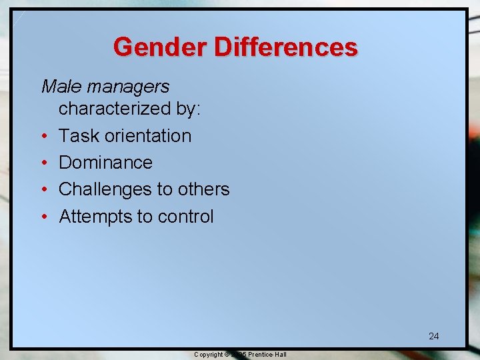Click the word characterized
coord(107,109)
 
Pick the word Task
coord(77,136)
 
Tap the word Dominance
coord(106,163)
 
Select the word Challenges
coord(105,190)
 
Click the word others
coord(203,190)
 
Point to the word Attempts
coord(95,217)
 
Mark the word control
coord(186,217)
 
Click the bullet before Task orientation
coord(44,137)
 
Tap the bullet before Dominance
coord(44,163)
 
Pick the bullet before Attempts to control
coord(44,217)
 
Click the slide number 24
coord(433,336)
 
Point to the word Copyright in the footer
coord(208,355)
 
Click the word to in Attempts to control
coord(145,217)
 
